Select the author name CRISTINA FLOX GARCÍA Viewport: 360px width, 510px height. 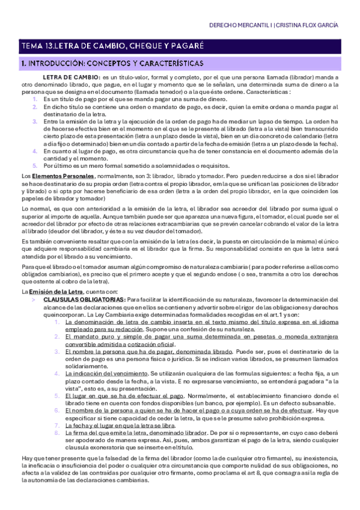pyautogui.click(x=311, y=26)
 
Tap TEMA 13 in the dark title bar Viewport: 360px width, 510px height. pyautogui.click(x=38, y=46)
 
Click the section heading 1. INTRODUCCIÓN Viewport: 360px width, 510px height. pyautogui.click(x=59, y=63)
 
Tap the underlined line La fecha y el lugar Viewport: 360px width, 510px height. pyautogui.click(x=117, y=408)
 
